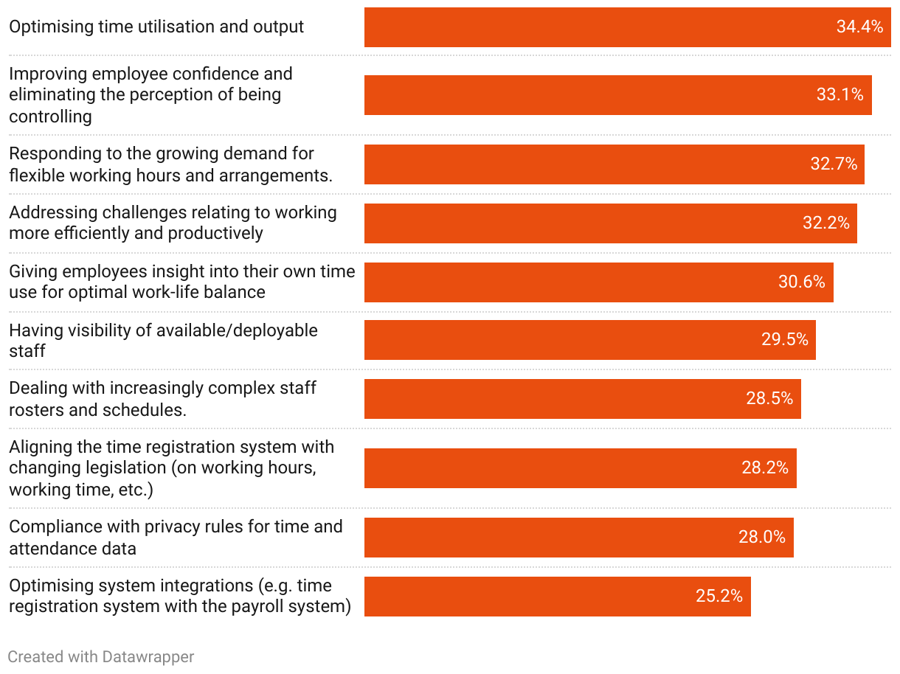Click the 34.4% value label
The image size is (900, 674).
point(859,27)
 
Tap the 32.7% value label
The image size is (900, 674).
point(834,164)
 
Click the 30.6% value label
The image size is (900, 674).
point(801,282)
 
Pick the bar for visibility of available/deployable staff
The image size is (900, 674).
point(590,340)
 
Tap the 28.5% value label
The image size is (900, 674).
point(769,399)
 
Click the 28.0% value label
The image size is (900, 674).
point(762,538)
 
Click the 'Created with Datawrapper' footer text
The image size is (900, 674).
point(101,656)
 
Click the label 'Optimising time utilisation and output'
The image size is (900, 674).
point(156,27)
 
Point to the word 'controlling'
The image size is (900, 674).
point(50,117)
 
